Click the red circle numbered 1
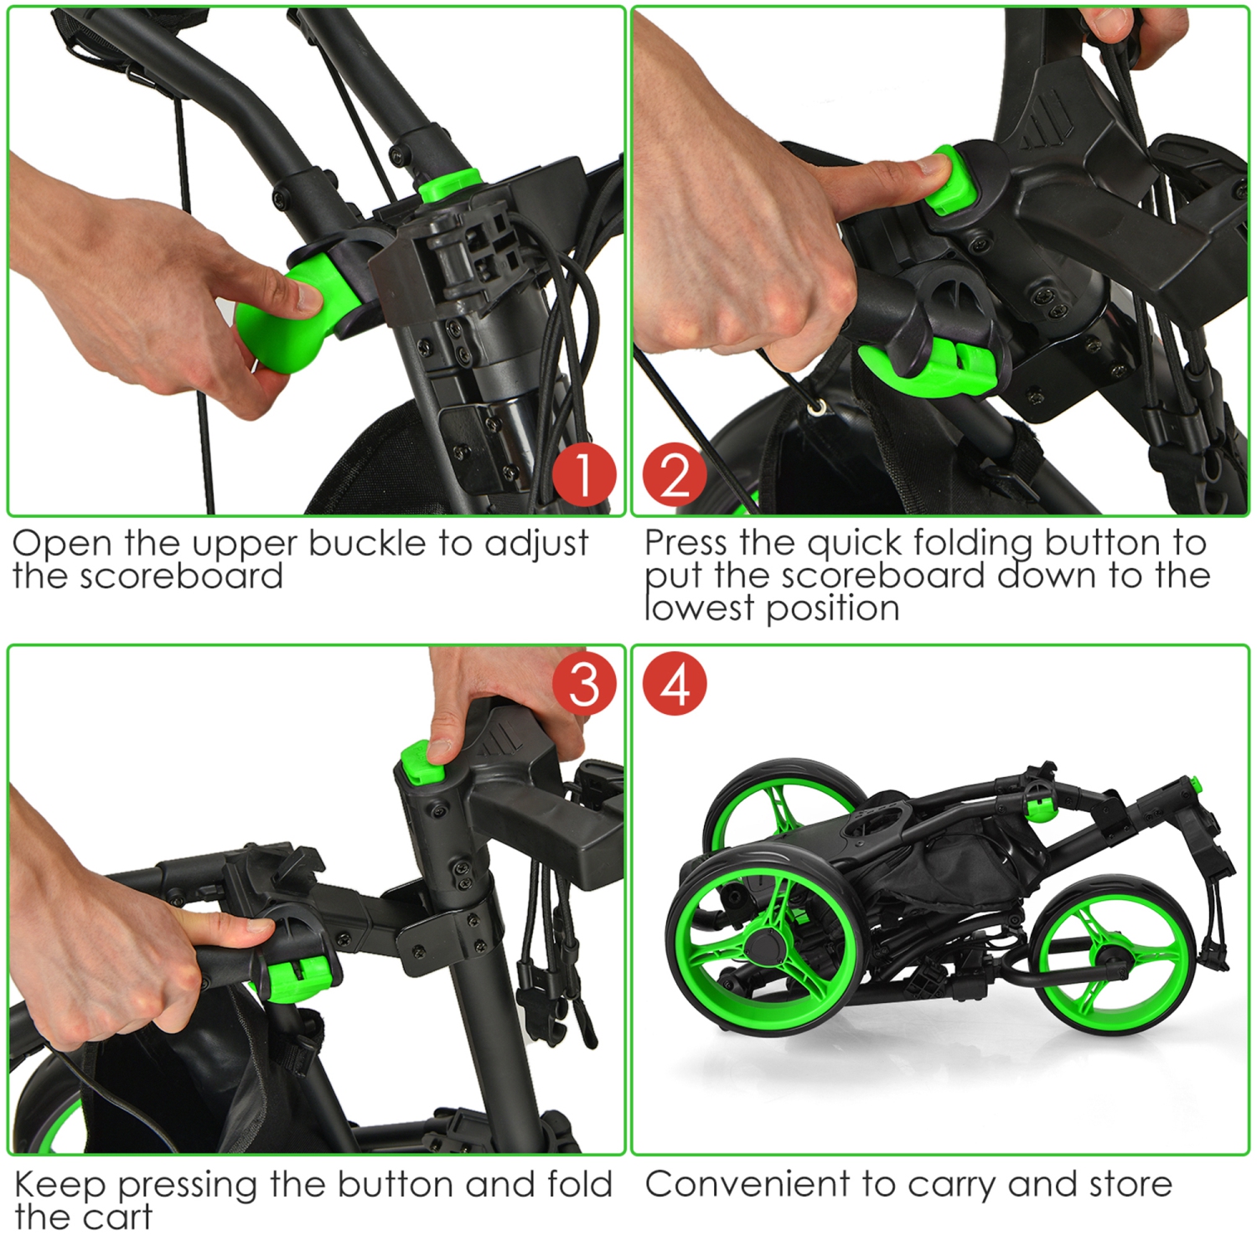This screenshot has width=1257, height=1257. click(x=584, y=474)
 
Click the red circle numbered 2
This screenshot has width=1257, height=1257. click(x=675, y=474)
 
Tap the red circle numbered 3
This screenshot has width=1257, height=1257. click(x=584, y=684)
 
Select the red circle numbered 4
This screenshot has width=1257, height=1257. click(x=675, y=684)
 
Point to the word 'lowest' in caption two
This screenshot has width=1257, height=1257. click(x=700, y=608)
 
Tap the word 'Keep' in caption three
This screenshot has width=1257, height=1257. click(x=60, y=1186)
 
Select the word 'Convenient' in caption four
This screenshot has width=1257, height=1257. click(x=747, y=1185)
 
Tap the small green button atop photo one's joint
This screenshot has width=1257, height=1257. click(x=449, y=185)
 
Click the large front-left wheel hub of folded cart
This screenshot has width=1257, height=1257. click(x=763, y=946)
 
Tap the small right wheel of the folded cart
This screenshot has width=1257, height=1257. click(x=1113, y=957)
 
